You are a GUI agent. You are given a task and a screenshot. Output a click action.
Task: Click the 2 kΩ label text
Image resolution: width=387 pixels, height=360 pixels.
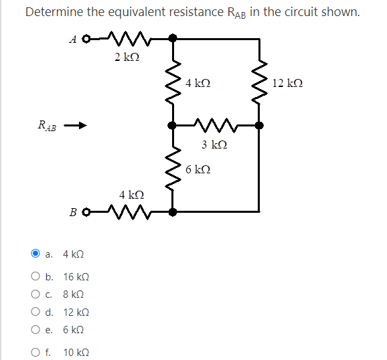coord(127,58)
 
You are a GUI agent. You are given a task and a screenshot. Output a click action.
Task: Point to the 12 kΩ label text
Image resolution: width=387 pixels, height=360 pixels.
coord(288,83)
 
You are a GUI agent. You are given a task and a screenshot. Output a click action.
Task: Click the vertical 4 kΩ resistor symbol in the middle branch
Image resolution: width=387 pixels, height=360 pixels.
coord(173,82)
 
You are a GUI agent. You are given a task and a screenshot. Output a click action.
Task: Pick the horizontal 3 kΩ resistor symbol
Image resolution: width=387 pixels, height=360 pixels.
coord(216,124)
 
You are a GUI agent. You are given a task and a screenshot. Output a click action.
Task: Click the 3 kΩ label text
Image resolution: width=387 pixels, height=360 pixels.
coord(214,145)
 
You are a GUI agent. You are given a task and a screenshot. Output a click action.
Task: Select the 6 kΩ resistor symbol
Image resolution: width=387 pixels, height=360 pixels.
coord(173,169)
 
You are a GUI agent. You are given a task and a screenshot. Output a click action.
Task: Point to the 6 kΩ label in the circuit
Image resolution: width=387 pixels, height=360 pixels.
coord(199,170)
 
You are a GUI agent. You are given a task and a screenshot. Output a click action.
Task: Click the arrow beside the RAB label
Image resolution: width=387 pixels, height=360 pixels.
coord(78,125)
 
